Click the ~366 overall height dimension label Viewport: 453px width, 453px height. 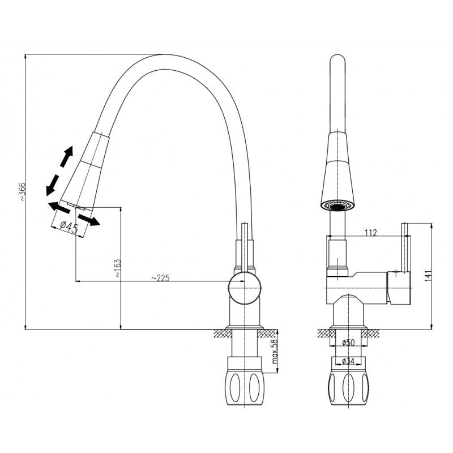(x=23, y=192)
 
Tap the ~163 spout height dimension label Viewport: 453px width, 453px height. (x=118, y=268)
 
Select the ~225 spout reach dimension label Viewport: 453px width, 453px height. (x=160, y=278)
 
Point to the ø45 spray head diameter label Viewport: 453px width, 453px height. (x=69, y=226)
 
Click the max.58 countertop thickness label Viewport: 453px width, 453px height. (x=275, y=351)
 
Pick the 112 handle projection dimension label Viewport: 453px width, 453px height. (x=371, y=232)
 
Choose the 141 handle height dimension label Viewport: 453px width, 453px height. (x=429, y=275)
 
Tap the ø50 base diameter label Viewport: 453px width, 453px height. (x=348, y=343)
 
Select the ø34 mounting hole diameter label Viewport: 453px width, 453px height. (x=348, y=361)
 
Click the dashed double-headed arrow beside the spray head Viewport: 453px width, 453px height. (x=59, y=171)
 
